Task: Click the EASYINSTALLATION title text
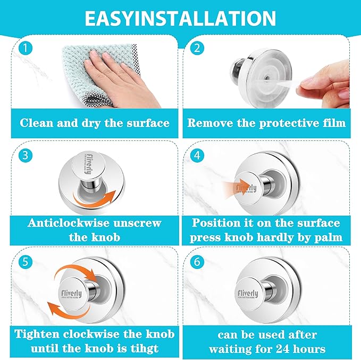click(x=180, y=18)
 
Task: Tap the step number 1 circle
click(x=26, y=48)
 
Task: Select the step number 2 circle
click(x=197, y=48)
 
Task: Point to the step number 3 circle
click(x=26, y=155)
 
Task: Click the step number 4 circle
click(x=197, y=155)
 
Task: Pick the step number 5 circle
click(x=26, y=262)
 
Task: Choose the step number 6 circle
click(x=197, y=262)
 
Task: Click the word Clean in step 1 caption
click(x=36, y=123)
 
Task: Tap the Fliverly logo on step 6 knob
click(x=248, y=294)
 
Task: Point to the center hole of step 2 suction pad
click(x=266, y=78)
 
